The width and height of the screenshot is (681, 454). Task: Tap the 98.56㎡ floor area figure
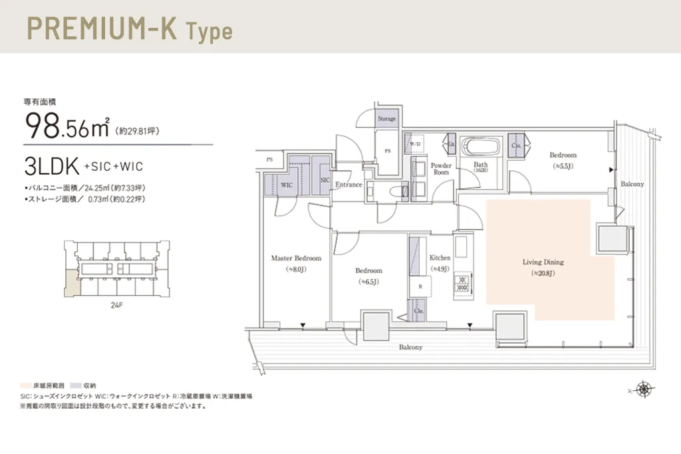point(67,126)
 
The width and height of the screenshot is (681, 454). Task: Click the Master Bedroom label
point(296,258)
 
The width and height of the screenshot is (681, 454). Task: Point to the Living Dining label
point(543,262)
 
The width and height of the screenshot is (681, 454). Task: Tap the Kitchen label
point(440,258)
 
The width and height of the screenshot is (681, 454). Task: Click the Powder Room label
point(441,169)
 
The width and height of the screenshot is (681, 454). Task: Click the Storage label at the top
point(386,119)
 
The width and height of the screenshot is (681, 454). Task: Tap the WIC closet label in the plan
point(287,184)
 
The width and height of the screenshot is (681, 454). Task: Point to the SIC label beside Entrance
point(325,180)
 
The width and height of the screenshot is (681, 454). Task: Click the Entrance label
point(348,185)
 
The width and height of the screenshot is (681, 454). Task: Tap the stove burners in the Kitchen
point(461,286)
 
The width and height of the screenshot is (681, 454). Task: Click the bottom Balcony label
point(410,348)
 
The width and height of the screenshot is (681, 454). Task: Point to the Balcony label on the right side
point(632,184)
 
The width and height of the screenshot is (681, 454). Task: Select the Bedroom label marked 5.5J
point(563,155)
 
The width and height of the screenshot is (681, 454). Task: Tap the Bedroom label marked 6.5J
point(368,271)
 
